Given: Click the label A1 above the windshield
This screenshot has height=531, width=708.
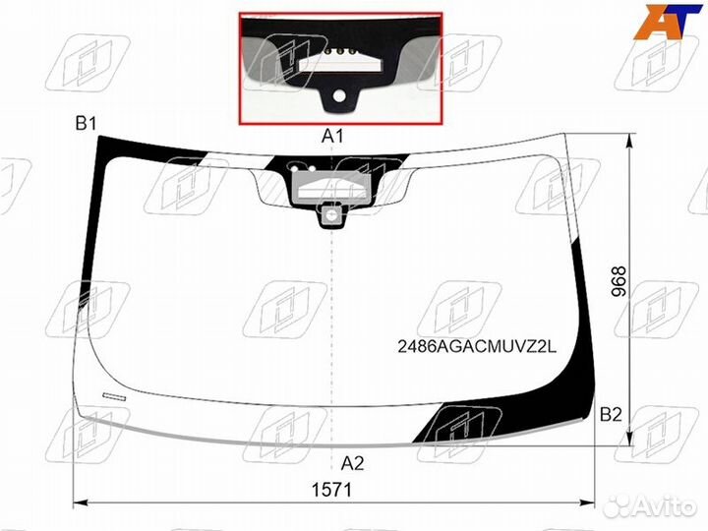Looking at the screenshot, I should click(x=331, y=136).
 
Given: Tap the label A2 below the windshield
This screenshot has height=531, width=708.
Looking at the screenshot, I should click(x=352, y=462).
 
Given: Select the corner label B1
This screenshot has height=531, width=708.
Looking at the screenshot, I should click(x=86, y=124).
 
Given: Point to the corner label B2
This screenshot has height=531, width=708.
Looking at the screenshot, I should click(x=611, y=415).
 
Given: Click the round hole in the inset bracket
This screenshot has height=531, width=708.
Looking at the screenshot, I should click(x=339, y=96).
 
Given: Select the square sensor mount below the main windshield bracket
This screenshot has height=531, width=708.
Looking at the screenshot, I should click(x=331, y=212).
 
